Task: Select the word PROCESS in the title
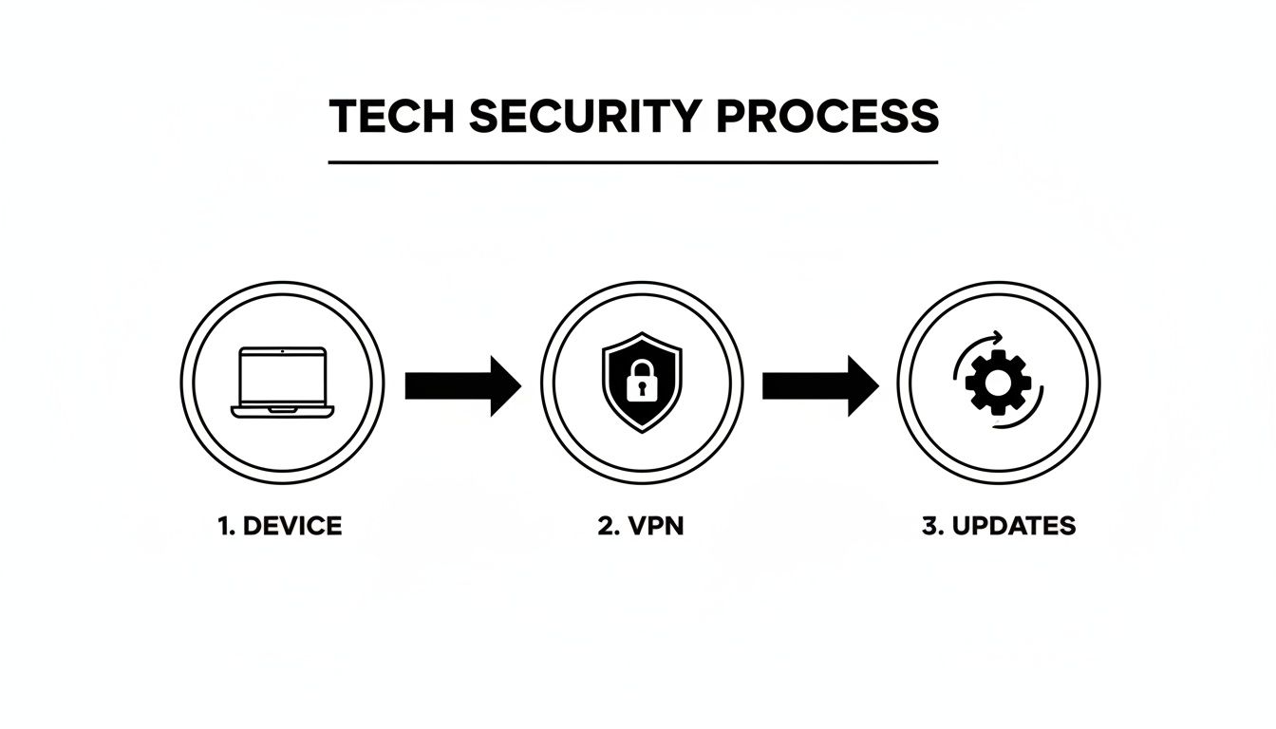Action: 827,117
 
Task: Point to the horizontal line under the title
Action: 633,162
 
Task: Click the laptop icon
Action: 283,383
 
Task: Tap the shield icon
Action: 642,383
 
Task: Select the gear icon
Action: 998,383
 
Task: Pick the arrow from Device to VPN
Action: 462,385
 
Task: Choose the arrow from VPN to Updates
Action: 819,385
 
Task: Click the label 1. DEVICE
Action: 280,526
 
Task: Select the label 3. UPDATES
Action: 999,526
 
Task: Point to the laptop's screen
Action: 283,376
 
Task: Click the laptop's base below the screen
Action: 283,412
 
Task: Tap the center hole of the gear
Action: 998,383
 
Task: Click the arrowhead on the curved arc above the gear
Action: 997,336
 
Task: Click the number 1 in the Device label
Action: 225,526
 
